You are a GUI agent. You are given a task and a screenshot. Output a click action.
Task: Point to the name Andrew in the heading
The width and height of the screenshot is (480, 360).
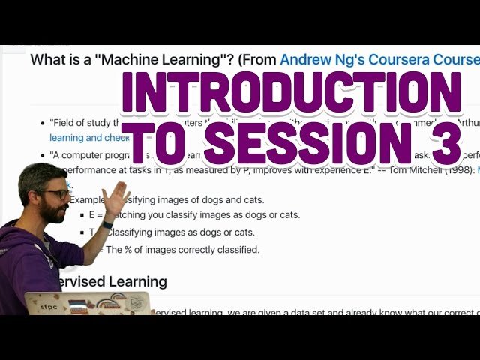(x=307, y=59)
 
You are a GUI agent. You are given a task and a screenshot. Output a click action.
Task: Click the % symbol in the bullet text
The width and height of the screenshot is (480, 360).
(x=133, y=249)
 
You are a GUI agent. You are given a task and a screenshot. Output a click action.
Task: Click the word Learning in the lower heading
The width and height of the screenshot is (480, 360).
(x=135, y=281)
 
